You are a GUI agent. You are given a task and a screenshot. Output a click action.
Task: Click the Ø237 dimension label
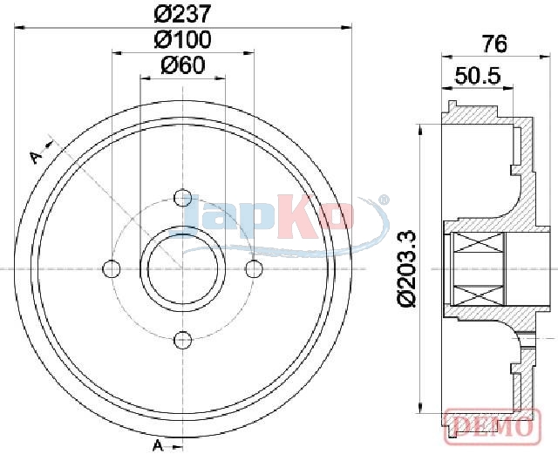(182, 14)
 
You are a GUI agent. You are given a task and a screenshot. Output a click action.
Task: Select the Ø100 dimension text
(182, 39)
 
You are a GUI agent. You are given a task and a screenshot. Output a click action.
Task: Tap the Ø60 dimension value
(183, 65)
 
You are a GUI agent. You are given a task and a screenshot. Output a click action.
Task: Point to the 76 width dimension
(494, 44)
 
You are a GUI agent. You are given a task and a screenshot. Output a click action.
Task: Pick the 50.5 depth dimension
(478, 76)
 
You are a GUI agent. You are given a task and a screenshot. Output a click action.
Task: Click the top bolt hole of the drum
(182, 198)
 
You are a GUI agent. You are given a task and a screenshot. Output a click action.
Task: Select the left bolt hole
(111, 268)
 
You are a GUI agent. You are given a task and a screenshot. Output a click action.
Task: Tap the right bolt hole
(254, 268)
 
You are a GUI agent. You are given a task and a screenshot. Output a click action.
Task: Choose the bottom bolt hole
(182, 340)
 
